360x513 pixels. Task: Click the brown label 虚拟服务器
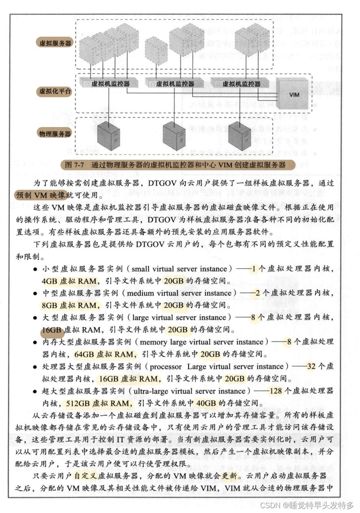pyautogui.click(x=55, y=42)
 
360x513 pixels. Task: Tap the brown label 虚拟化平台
pyautogui.click(x=55, y=91)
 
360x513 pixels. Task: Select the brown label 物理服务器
pyautogui.click(x=55, y=133)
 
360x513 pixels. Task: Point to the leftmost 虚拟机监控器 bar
pyautogui.click(x=110, y=84)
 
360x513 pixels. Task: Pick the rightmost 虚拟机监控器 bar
pyautogui.click(x=241, y=84)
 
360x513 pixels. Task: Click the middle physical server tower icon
pyautogui.click(x=174, y=136)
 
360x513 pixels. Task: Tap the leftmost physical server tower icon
pyautogui.click(x=109, y=136)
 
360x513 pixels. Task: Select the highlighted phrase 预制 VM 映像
pyautogui.click(x=41, y=195)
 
